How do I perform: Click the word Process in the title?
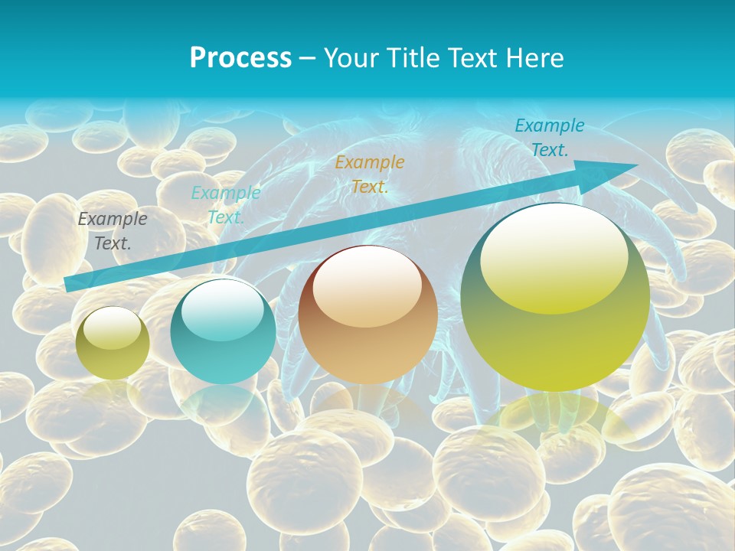click(x=240, y=58)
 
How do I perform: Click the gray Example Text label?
click(x=112, y=231)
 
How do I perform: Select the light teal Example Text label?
click(x=225, y=204)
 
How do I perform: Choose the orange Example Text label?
click(x=370, y=174)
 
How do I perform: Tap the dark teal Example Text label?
click(x=549, y=138)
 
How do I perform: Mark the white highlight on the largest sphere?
click(x=554, y=259)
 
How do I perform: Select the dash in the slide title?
click(x=308, y=58)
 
